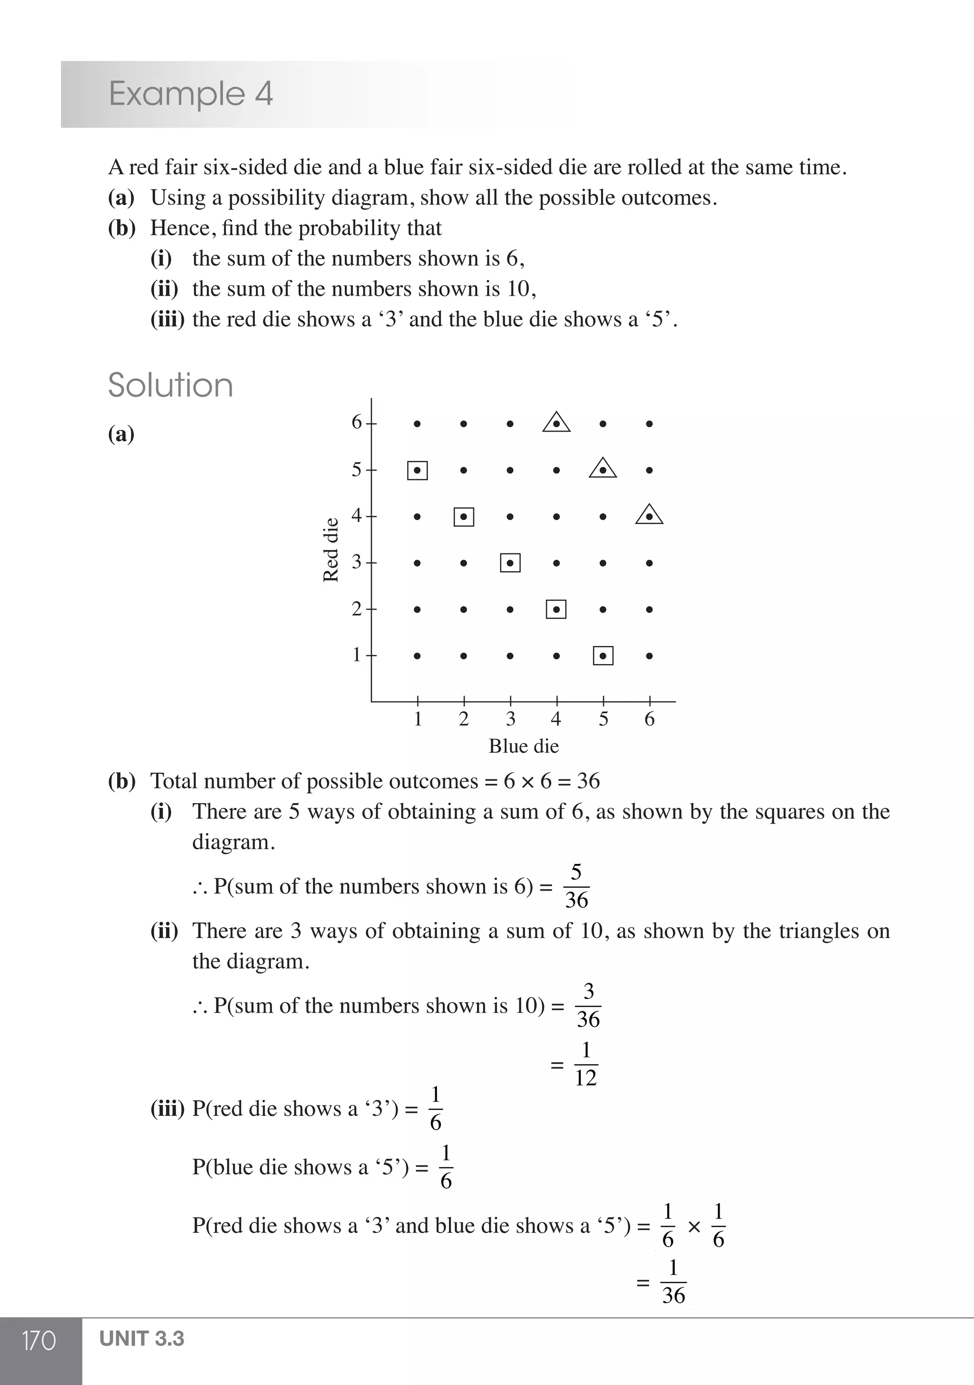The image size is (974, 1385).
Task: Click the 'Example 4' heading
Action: pyautogui.click(x=191, y=94)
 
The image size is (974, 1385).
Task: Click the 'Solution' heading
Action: pyautogui.click(x=170, y=386)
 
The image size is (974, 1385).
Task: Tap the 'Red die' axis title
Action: pyautogui.click(x=331, y=550)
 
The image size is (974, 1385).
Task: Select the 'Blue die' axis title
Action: pyautogui.click(x=523, y=746)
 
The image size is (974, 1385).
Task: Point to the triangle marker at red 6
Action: pyautogui.click(x=556, y=423)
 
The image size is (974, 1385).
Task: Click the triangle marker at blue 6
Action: pyautogui.click(x=649, y=515)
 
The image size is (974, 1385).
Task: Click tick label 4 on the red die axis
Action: pyautogui.click(x=357, y=516)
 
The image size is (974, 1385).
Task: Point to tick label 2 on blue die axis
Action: pyautogui.click(x=464, y=719)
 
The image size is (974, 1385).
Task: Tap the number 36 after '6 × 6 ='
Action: pyautogui.click(x=588, y=781)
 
